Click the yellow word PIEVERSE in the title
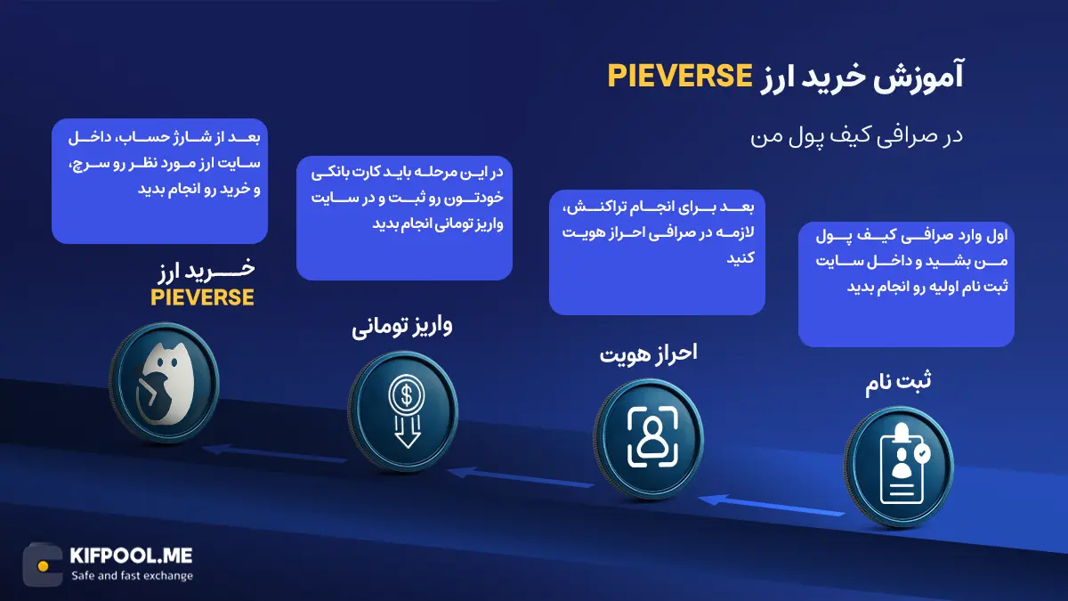point(681,77)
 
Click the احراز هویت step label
point(648,353)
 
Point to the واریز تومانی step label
point(402,327)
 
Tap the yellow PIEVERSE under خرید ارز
point(202,297)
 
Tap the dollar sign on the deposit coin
point(406,393)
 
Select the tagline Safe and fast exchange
point(132,576)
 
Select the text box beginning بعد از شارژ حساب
point(160,181)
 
